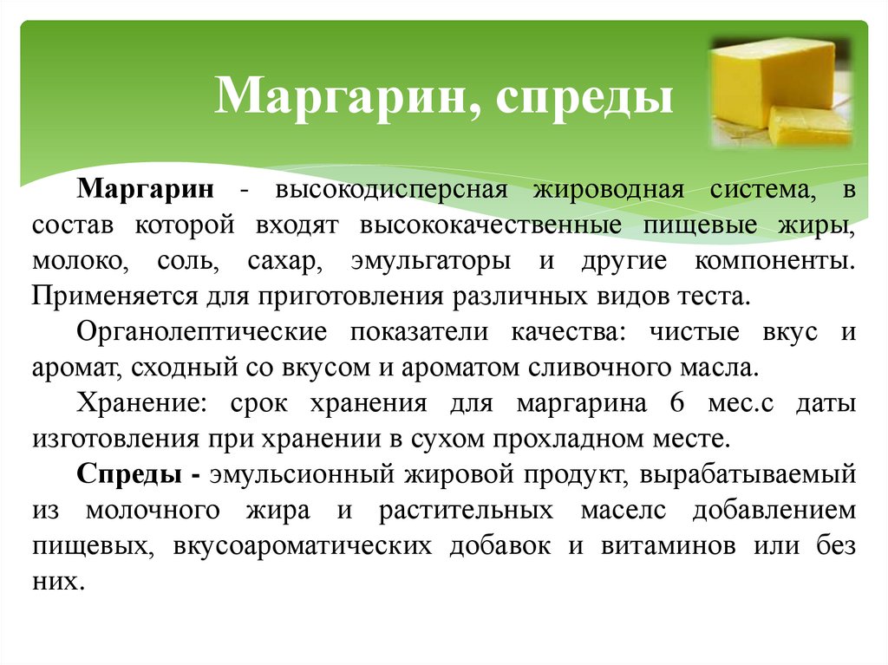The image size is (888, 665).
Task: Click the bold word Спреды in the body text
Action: pyautogui.click(x=127, y=474)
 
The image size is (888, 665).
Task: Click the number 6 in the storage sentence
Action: pyautogui.click(x=677, y=403)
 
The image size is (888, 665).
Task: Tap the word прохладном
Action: pyautogui.click(x=578, y=438)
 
